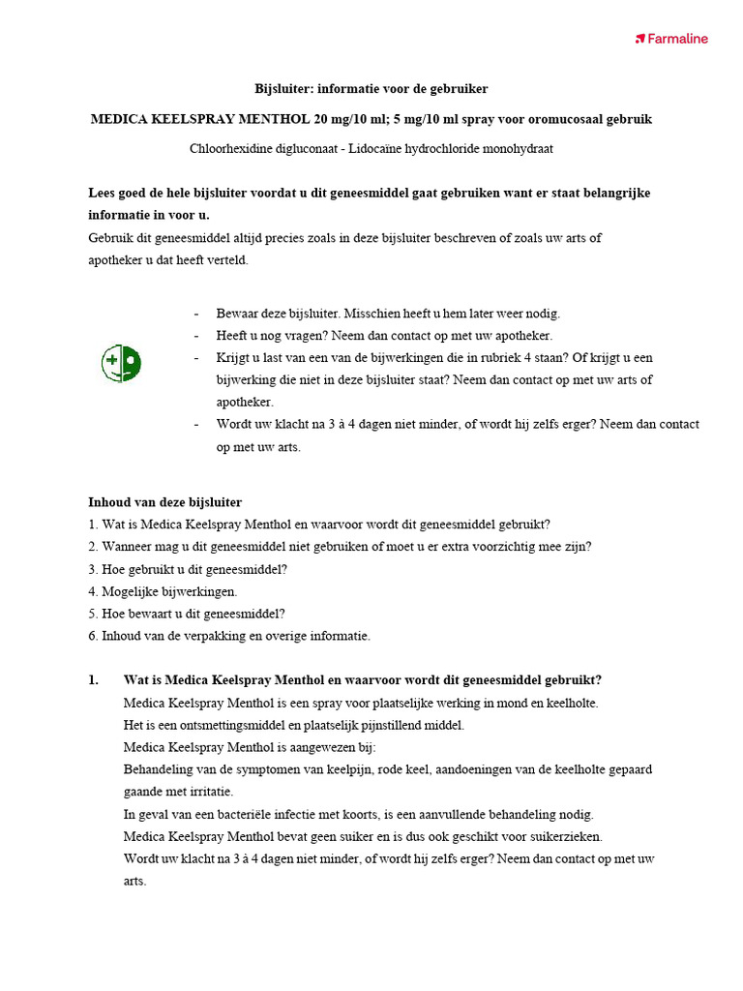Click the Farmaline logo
(x=671, y=39)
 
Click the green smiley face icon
(x=122, y=363)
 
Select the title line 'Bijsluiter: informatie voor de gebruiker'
(x=371, y=88)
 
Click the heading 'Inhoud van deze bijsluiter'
(x=164, y=502)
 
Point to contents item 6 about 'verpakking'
(x=228, y=636)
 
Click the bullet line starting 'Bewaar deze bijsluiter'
(x=387, y=314)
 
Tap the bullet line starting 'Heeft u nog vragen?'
(x=383, y=336)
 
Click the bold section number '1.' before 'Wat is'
(x=94, y=680)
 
